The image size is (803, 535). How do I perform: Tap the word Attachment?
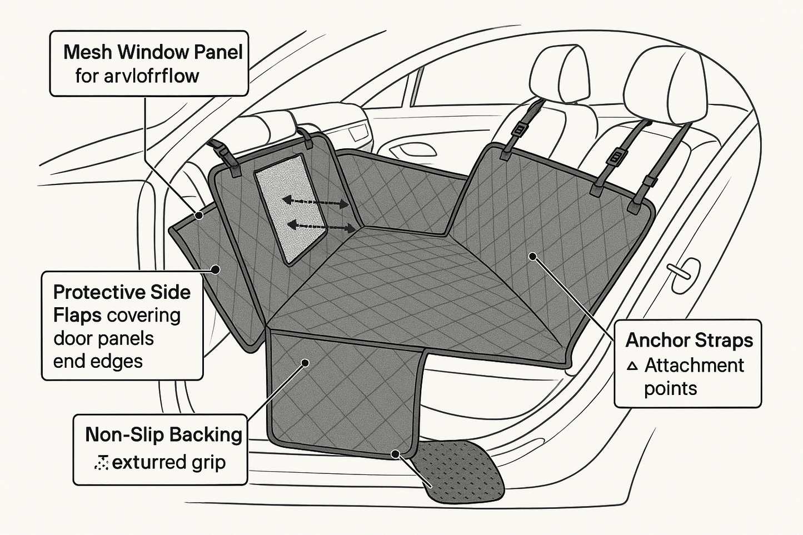pyautogui.click(x=694, y=366)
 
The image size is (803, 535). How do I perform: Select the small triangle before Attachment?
pyautogui.click(x=632, y=366)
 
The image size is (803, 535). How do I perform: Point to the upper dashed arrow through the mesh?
pyautogui.click(x=315, y=201)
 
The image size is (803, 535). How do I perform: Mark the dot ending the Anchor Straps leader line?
pyautogui.click(x=532, y=256)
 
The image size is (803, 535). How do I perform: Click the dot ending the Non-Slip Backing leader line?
pyautogui.click(x=305, y=363)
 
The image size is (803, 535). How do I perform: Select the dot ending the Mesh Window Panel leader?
pyautogui.click(x=198, y=214)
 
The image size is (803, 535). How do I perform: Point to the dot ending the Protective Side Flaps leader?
pyautogui.click(x=216, y=269)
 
